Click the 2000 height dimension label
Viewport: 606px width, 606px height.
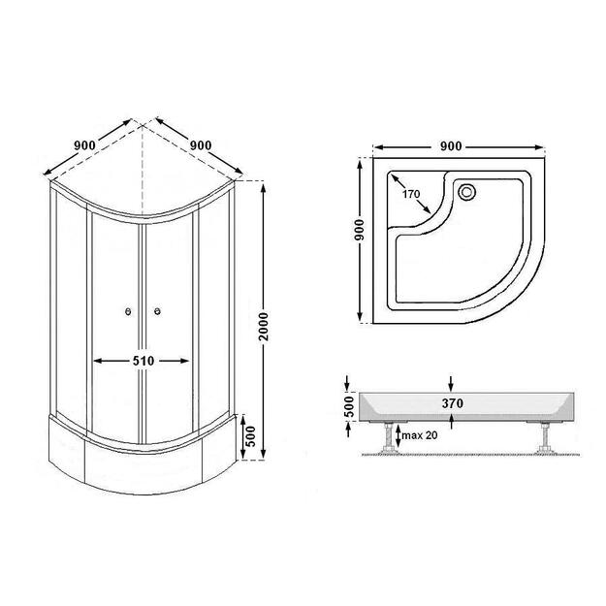coord(264,327)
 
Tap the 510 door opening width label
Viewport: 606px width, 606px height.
coord(144,361)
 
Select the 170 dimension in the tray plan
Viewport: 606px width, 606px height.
coord(411,194)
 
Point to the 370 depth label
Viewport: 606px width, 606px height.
coord(453,403)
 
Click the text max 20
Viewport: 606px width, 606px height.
coord(420,435)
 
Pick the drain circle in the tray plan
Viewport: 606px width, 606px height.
coord(467,192)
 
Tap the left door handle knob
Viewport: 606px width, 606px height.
coord(128,311)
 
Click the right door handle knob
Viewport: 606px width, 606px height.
coord(157,311)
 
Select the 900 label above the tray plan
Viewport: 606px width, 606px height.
coord(451,146)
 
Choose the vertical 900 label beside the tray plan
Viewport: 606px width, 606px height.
coord(360,230)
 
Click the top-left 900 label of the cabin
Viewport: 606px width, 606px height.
coord(84,145)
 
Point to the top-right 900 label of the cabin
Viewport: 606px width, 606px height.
coord(201,145)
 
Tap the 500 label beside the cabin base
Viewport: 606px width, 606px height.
coord(251,436)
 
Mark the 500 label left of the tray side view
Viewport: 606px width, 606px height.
coord(349,406)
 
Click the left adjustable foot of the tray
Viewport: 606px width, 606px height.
coord(387,438)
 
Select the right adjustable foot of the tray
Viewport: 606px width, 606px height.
coord(545,438)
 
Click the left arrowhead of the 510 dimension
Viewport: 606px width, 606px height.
coord(98,361)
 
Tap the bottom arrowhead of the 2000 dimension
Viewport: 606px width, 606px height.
coord(264,455)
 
